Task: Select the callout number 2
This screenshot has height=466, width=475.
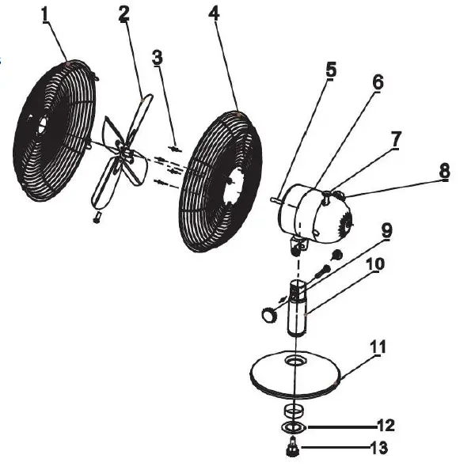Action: pos(124,14)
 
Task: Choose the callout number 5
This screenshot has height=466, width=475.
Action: pos(331,69)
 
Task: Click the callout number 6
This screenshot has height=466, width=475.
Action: pos(377,81)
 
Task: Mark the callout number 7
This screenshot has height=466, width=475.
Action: pos(396,138)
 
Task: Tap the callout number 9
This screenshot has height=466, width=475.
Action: pos(386,231)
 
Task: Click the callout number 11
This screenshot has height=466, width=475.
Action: pos(378,346)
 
